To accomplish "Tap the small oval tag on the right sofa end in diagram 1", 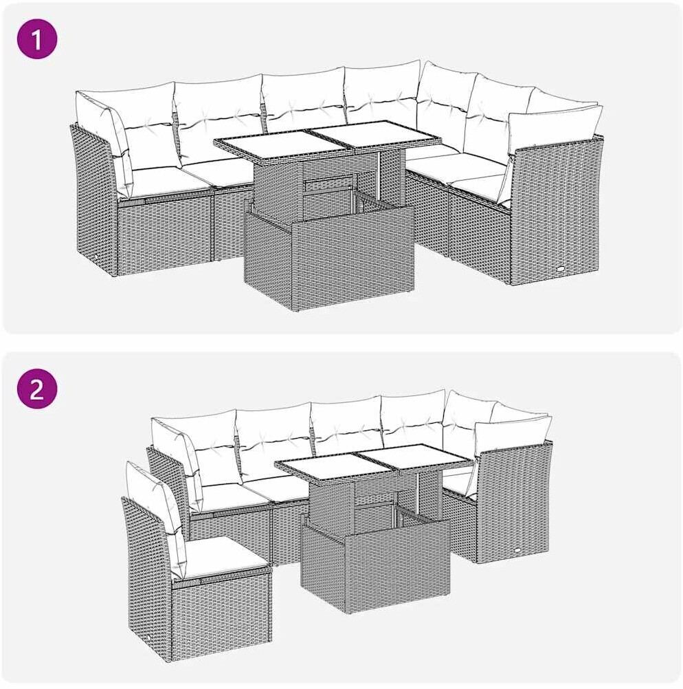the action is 562,267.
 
